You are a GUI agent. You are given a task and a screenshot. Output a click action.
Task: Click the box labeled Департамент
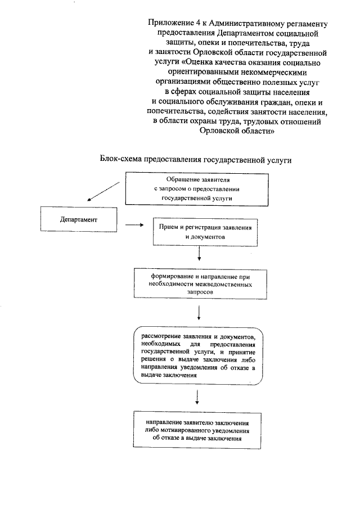coord(79,219)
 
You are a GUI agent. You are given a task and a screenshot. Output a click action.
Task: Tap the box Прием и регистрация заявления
coord(206,232)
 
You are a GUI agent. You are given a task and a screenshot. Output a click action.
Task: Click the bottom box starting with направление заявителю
coord(197,430)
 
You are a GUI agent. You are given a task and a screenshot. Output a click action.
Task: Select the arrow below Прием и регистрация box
coord(200,256)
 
